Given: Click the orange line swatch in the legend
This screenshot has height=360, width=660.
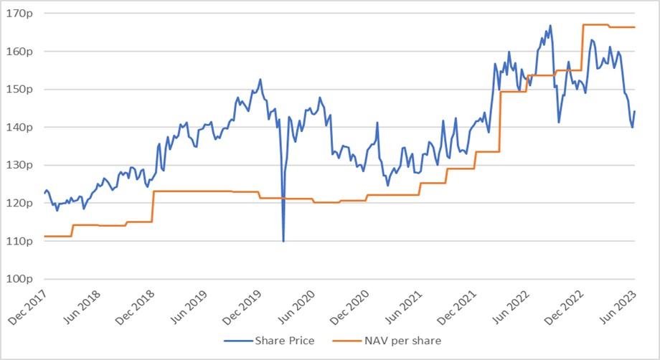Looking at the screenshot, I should (x=347, y=340).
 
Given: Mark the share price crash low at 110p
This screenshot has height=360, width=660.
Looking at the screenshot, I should (x=283, y=241).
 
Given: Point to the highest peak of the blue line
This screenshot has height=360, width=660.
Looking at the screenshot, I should (x=550, y=26).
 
